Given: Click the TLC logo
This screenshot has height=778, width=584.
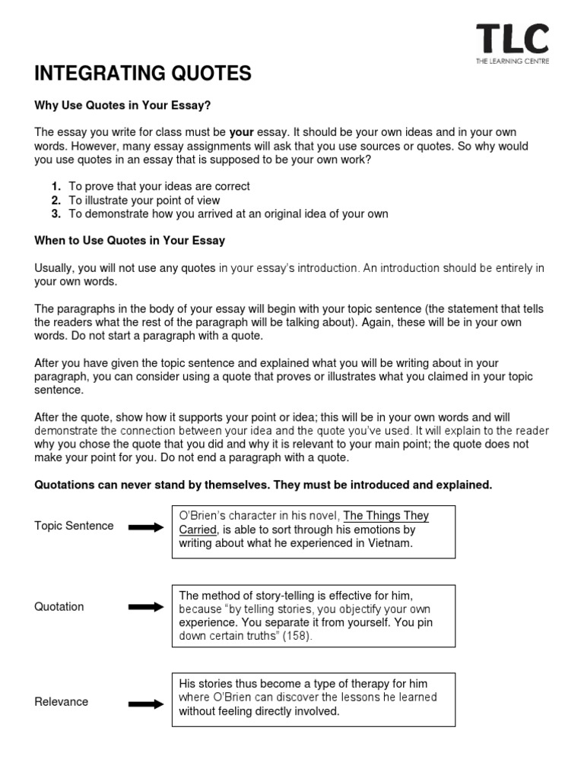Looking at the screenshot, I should point(512,40).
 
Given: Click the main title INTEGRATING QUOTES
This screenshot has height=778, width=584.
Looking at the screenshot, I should point(142,74).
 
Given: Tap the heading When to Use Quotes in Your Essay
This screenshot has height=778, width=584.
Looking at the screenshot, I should point(130,241).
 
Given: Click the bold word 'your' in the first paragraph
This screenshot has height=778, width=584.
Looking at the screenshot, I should point(241,131).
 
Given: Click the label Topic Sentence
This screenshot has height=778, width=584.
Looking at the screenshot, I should point(74,526).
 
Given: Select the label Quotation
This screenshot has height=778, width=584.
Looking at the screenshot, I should point(59,607).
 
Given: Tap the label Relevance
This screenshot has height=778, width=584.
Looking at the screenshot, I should point(62,702).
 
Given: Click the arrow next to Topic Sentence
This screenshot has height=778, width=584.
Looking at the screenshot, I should point(145,527).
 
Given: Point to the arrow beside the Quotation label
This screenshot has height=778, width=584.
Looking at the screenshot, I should point(145,607).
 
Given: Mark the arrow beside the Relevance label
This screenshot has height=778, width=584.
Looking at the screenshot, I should point(145,703).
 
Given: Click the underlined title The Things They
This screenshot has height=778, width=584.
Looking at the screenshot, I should point(386,516).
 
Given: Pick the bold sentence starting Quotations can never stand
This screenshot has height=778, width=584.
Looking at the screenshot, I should point(263,485).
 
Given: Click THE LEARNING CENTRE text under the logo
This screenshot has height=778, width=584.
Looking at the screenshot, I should point(512,62).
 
